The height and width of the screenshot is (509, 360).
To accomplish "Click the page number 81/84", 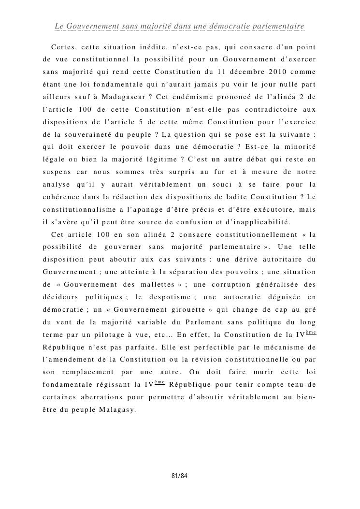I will [x=180, y=477].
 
